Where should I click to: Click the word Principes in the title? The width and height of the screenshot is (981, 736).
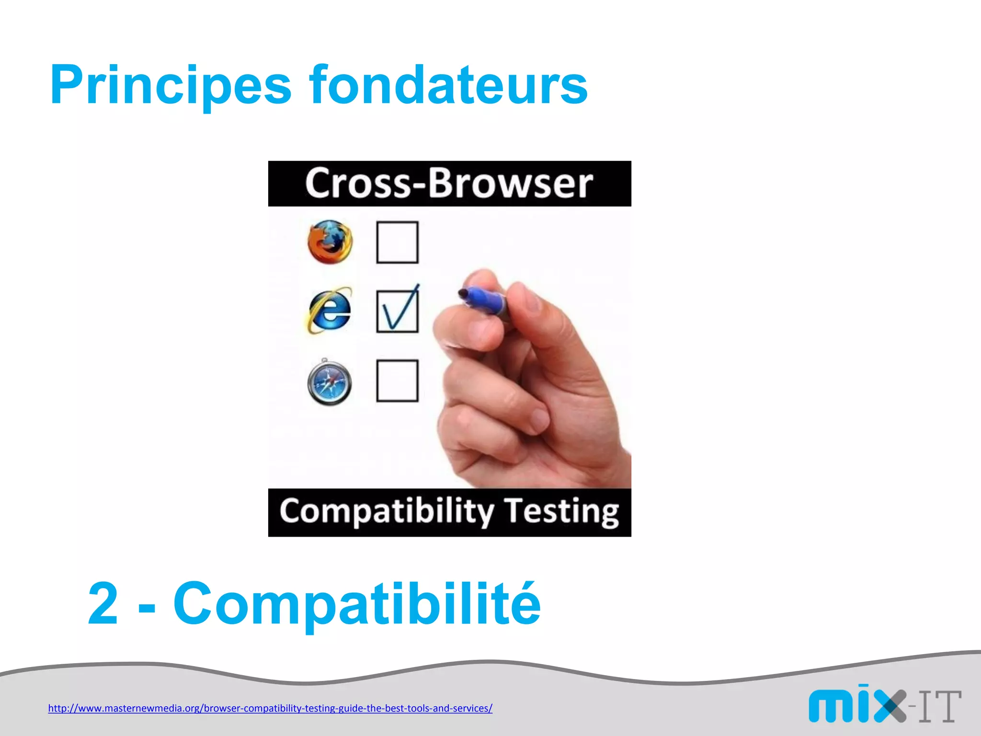pos(170,85)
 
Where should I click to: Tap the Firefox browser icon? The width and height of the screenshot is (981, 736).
pos(330,242)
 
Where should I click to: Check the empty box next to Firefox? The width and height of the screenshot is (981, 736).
pos(397,242)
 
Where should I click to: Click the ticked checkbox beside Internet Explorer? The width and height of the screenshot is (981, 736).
pos(397,311)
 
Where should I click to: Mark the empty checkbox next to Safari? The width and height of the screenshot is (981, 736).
pos(397,381)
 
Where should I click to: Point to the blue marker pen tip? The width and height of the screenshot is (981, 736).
pos(463,293)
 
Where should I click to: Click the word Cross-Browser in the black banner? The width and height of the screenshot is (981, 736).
pos(449,184)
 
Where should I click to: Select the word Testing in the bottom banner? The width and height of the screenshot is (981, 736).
pos(562,512)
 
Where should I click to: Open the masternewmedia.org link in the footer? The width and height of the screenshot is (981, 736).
pos(270,708)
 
